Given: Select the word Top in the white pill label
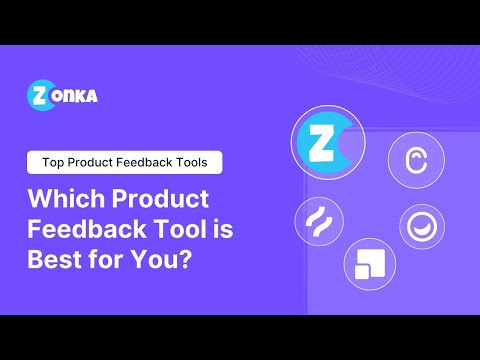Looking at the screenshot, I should [x=53, y=161].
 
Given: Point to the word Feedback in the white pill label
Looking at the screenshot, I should [x=146, y=161].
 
